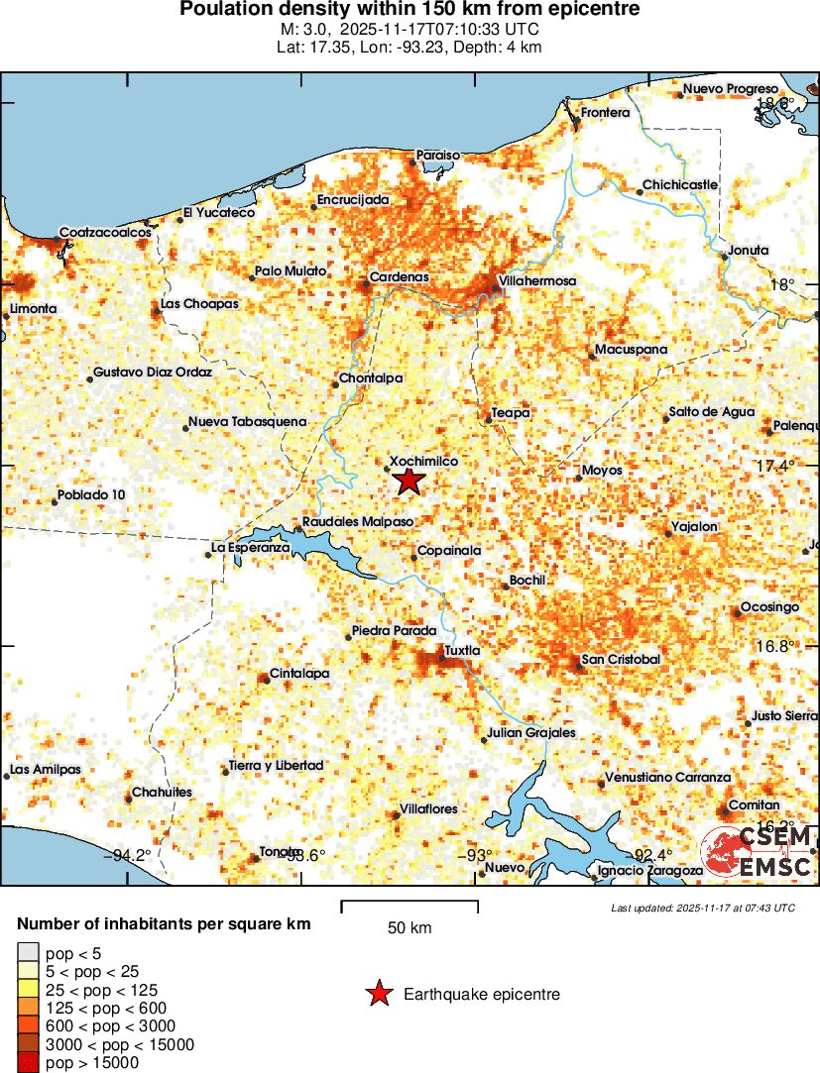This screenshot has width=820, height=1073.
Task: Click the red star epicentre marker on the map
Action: click(409, 482)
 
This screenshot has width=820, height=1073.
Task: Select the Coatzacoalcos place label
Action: click(105, 232)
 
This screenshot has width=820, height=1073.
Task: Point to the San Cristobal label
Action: click(621, 660)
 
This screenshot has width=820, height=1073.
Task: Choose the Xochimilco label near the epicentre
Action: click(423, 462)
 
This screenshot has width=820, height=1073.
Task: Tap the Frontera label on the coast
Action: click(605, 113)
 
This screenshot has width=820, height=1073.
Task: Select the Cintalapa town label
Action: click(300, 674)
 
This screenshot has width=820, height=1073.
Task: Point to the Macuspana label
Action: click(631, 350)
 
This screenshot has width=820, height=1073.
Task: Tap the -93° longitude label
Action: click(477, 855)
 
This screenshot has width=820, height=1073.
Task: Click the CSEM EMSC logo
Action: click(758, 854)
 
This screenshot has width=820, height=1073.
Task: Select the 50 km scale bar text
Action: click(410, 928)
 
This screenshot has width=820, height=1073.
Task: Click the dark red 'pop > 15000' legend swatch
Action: click(27, 1063)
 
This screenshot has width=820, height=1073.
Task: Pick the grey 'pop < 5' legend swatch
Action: click(27, 954)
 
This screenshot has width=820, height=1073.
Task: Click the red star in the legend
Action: click(379, 994)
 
